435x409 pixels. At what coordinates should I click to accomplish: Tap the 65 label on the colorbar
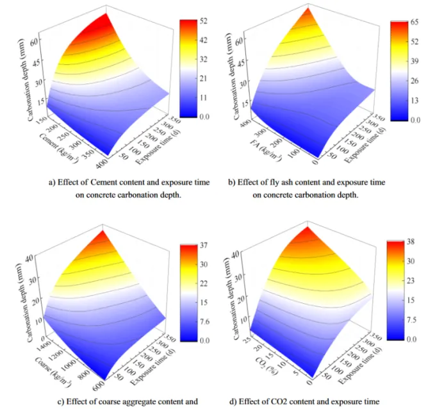[414, 22]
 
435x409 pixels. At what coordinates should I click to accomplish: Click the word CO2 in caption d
[302, 403]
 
